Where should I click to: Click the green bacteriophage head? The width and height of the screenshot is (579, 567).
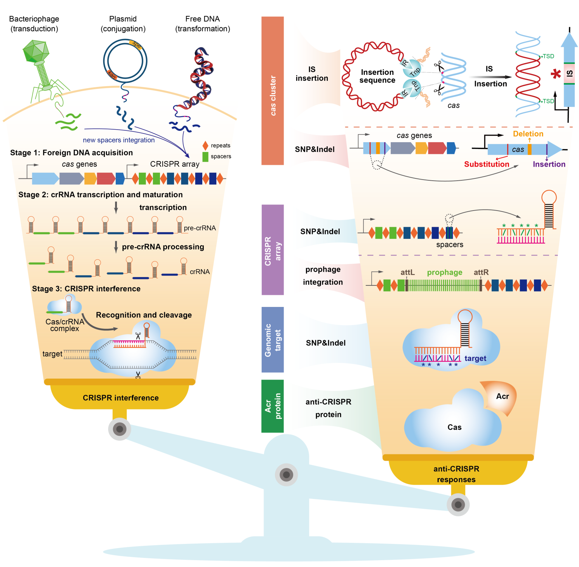pyautogui.click(x=36, y=51)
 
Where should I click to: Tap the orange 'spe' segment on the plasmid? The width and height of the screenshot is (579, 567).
pyautogui.click(x=136, y=45)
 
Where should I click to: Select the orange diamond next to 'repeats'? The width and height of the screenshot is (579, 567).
pyautogui.click(x=205, y=146)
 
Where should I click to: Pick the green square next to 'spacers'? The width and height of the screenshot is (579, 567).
pyautogui.click(x=205, y=156)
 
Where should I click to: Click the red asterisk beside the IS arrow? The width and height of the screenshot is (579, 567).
pyautogui.click(x=556, y=74)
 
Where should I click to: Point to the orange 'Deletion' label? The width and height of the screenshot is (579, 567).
pyautogui.click(x=528, y=134)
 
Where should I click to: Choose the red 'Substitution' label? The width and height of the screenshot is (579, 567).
pyautogui.click(x=486, y=164)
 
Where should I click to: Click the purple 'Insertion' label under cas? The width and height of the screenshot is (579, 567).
pyautogui.click(x=549, y=164)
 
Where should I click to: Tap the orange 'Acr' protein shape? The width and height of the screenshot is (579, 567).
pyautogui.click(x=501, y=397)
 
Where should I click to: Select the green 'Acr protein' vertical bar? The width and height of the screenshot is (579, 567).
pyautogui.click(x=272, y=406)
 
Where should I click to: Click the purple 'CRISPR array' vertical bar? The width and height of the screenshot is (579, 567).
pyautogui.click(x=272, y=249)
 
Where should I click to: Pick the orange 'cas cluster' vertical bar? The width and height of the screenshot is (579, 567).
pyautogui.click(x=272, y=91)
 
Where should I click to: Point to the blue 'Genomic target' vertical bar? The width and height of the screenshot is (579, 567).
pyautogui.click(x=272, y=339)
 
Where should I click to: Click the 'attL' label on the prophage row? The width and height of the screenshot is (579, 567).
pyautogui.click(x=407, y=272)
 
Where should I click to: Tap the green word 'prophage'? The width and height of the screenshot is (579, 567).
pyautogui.click(x=444, y=272)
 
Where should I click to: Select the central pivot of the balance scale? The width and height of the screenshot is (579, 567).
pyautogui.click(x=286, y=474)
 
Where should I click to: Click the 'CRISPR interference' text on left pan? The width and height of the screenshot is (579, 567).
pyautogui.click(x=121, y=398)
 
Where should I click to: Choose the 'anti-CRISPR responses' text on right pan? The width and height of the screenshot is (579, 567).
pyautogui.click(x=456, y=474)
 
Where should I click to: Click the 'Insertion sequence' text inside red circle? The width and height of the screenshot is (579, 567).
pyautogui.click(x=377, y=76)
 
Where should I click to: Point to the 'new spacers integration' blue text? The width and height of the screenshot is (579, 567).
pyautogui.click(x=119, y=140)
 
